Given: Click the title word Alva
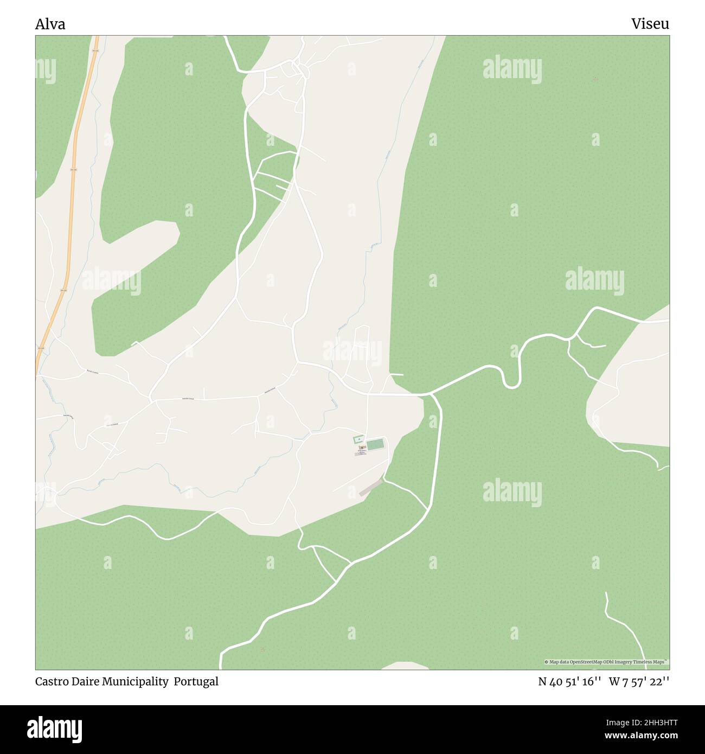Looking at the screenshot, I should (x=50, y=24).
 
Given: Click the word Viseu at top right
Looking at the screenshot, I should (x=650, y=24).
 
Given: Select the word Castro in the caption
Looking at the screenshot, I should (x=52, y=681).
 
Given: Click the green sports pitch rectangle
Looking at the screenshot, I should (x=375, y=444).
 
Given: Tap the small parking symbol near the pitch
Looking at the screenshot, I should (x=358, y=438).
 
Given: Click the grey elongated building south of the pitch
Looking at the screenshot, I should (x=371, y=487).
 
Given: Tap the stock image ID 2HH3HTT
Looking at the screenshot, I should (x=648, y=722).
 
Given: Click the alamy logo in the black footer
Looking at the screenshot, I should (x=54, y=727).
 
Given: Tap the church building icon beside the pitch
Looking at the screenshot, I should (x=361, y=448).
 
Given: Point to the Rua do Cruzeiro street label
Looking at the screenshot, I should (x=92, y=372).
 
